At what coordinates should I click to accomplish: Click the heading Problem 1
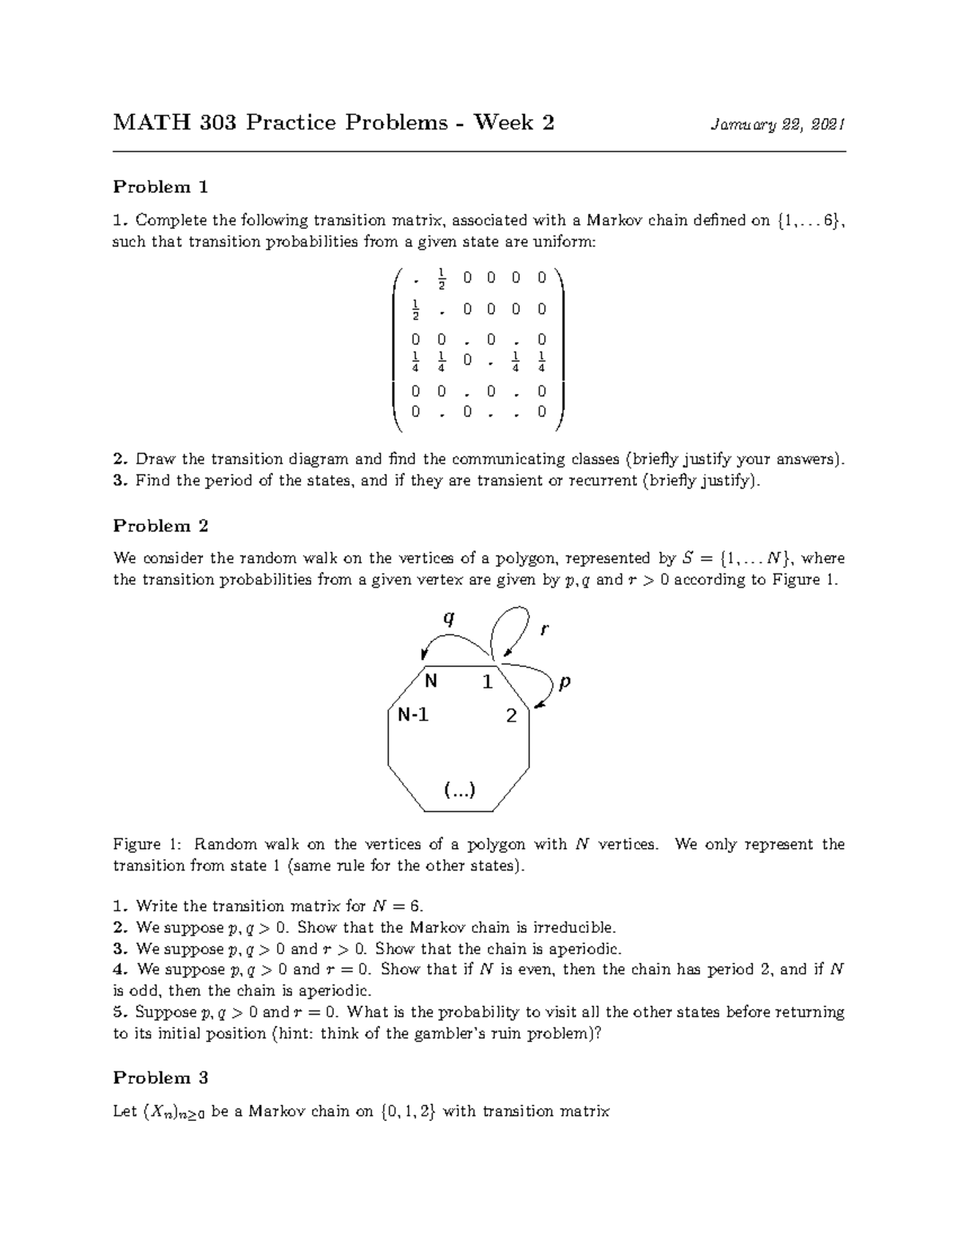pos(160,187)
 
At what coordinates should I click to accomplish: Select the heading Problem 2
pos(160,527)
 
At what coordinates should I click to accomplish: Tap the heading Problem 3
pos(160,1078)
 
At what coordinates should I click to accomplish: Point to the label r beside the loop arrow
pos(544,629)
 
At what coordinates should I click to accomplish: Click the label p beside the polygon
pos(564,683)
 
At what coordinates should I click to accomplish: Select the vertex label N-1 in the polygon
pos(414,715)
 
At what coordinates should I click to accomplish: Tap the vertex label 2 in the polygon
pos(512,716)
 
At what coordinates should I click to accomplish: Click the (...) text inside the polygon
pos(459,790)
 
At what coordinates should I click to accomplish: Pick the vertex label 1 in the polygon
pos(487,683)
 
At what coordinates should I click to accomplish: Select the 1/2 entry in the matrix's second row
pos(414,310)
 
